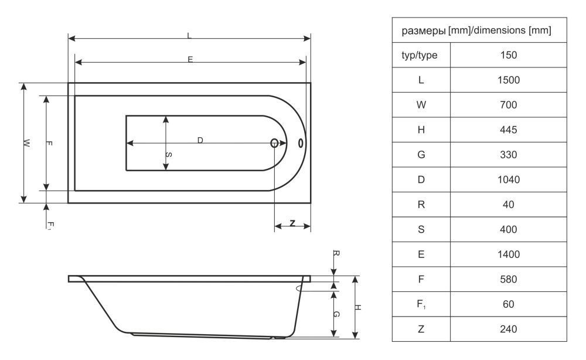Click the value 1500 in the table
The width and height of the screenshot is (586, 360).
[508, 80]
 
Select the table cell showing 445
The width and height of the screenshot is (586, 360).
[508, 130]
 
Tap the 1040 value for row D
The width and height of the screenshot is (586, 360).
[508, 180]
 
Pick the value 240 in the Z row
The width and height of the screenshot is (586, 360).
[508, 329]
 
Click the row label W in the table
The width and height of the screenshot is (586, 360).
[421, 105]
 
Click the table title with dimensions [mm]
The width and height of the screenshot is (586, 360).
[476, 30]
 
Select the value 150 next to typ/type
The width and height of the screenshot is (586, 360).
[508, 55]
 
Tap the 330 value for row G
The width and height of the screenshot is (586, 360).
[508, 155]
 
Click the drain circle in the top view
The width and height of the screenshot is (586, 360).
[274, 143]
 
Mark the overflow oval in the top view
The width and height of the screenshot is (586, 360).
[301, 143]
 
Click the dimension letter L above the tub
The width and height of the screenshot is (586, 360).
[189, 36]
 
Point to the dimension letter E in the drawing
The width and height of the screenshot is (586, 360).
[190, 59]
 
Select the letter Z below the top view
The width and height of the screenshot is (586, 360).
[292, 223]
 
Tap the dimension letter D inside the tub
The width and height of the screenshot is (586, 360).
[200, 140]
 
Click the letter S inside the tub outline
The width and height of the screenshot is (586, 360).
[169, 154]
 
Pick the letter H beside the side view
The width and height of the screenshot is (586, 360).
[357, 307]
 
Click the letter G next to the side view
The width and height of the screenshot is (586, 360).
[336, 314]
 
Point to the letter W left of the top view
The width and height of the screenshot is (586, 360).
[26, 143]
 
